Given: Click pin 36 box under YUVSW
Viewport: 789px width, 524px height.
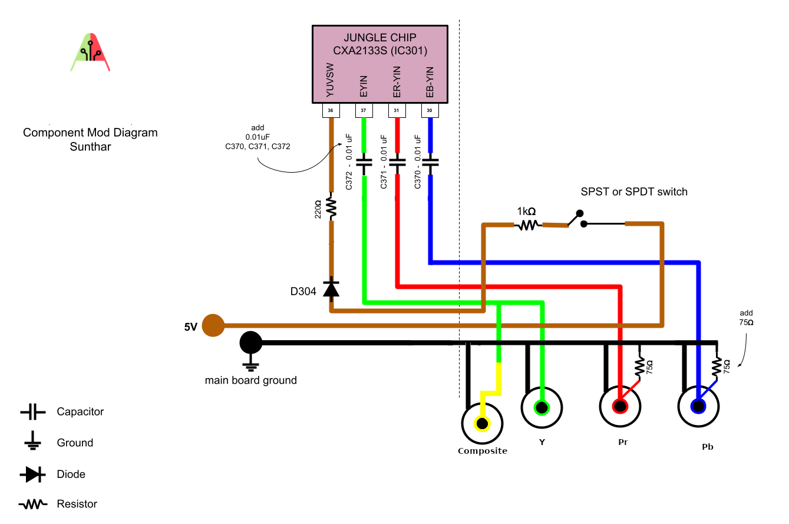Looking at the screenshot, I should coord(330,110).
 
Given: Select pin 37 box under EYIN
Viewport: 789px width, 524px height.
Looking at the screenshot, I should coord(363,110).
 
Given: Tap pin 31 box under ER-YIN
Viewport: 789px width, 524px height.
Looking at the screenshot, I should coord(397,110).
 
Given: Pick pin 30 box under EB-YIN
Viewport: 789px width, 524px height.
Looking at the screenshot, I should coord(430,110).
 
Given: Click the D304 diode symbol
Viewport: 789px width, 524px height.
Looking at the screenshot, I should coord(331,288).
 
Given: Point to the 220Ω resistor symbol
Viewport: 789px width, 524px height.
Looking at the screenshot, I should coord(331,207).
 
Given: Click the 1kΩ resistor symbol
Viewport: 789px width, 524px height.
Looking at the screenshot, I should coord(528,225).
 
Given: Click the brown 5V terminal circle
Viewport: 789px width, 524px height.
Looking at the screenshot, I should coord(213,325).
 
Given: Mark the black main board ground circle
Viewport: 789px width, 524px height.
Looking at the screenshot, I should coord(251,342).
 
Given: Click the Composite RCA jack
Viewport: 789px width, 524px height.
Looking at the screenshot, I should coord(483,423).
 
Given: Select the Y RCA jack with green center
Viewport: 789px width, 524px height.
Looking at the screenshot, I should coord(542,407).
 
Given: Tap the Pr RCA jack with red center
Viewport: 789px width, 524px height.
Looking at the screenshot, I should coord(620,406).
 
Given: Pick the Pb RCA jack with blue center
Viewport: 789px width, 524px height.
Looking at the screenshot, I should coord(698,406).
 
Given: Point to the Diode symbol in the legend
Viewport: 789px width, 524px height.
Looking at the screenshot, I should coord(33,474).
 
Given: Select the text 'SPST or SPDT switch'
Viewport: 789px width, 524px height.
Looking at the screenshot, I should coord(634,192).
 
